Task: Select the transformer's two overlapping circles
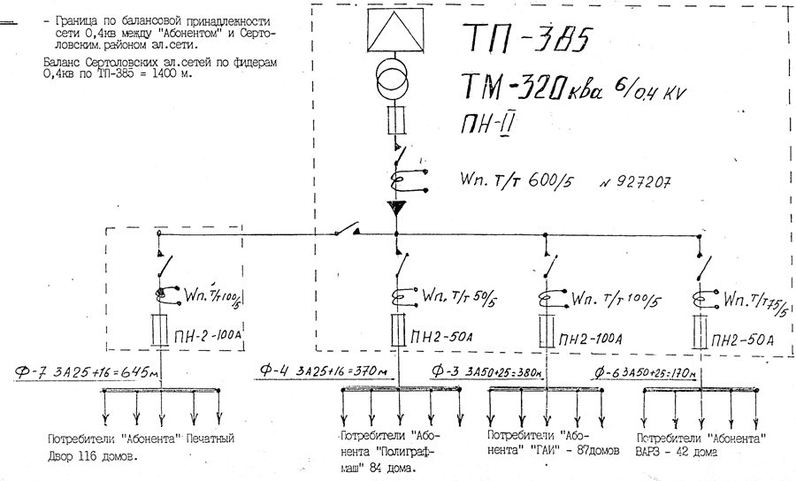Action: (x=394, y=80)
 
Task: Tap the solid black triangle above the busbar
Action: (x=394, y=209)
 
